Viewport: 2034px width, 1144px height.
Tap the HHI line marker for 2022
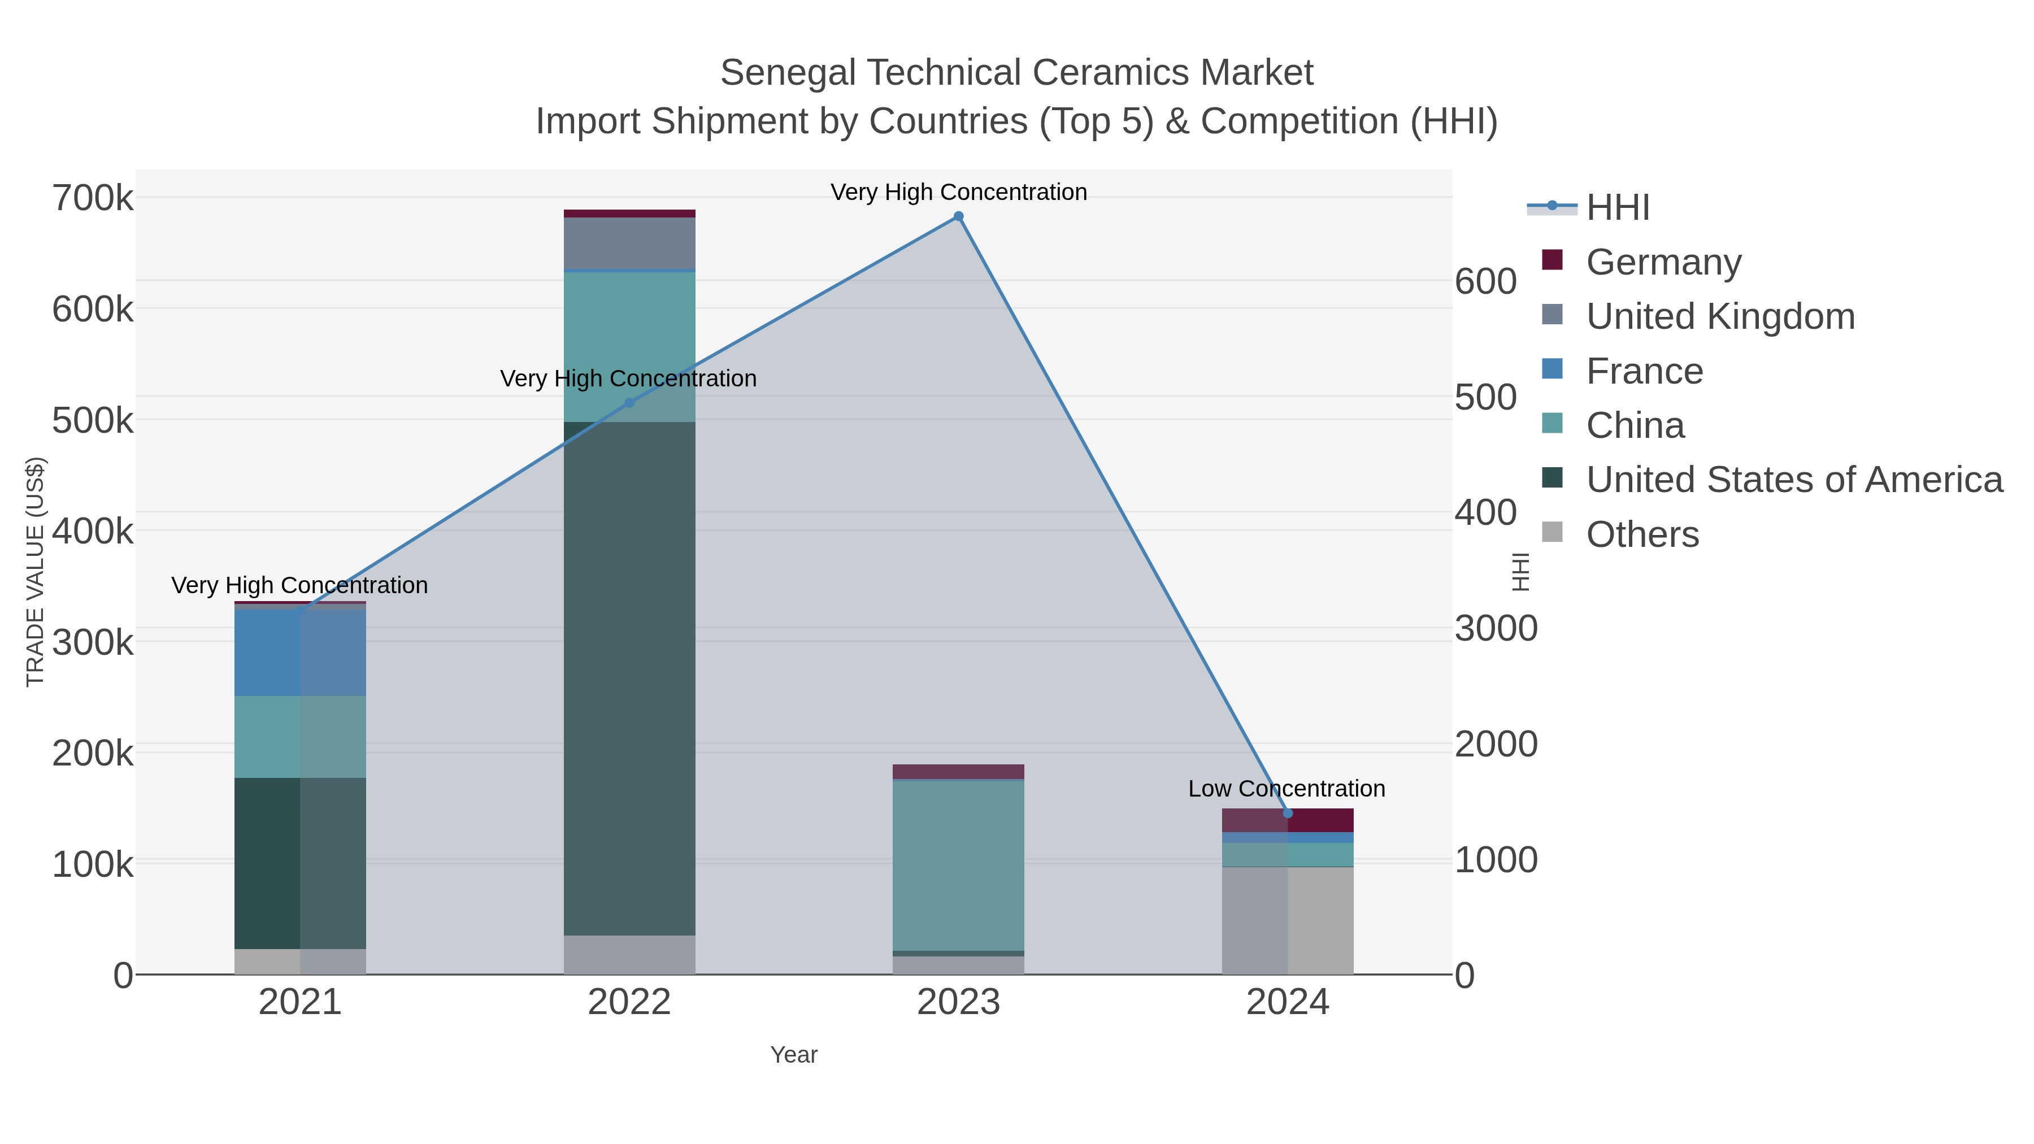(629, 403)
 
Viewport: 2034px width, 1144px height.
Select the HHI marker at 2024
(1287, 813)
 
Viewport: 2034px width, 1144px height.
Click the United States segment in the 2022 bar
(629, 679)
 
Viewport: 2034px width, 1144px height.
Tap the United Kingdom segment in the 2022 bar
(629, 243)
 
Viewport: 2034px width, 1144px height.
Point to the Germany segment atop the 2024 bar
(1287, 820)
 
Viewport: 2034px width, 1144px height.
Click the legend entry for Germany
(1663, 262)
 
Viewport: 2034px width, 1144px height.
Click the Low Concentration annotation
(1287, 789)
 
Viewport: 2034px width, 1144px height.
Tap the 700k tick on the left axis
(93, 198)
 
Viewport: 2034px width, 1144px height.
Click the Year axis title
(794, 1055)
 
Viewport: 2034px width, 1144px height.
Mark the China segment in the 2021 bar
(300, 737)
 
